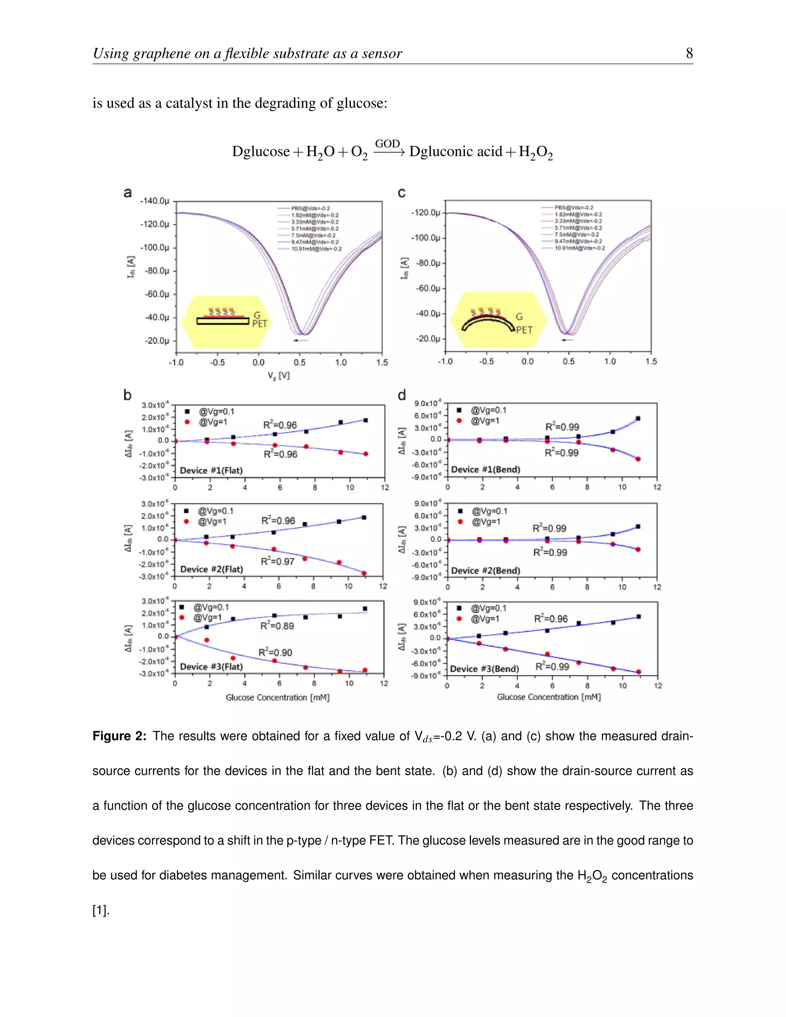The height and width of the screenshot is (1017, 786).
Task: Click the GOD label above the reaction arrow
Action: (x=387, y=144)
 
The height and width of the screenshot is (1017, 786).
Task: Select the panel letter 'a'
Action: (x=127, y=192)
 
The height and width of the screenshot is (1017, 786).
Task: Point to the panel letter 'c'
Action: (x=401, y=192)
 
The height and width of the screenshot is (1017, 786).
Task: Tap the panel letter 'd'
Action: (x=402, y=395)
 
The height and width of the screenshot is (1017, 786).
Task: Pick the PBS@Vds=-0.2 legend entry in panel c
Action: (x=573, y=207)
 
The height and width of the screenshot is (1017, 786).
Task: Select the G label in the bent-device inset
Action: (x=519, y=317)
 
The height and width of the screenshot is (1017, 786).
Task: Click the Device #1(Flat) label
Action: (x=211, y=471)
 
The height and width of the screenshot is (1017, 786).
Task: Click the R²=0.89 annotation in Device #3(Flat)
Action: (x=277, y=626)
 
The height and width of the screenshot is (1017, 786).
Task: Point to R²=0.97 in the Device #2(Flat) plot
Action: (x=277, y=561)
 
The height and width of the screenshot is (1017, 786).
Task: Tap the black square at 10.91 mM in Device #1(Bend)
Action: (x=638, y=419)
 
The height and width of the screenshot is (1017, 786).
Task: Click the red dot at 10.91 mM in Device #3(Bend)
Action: (x=638, y=672)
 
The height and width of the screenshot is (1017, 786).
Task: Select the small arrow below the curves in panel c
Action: (x=567, y=340)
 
